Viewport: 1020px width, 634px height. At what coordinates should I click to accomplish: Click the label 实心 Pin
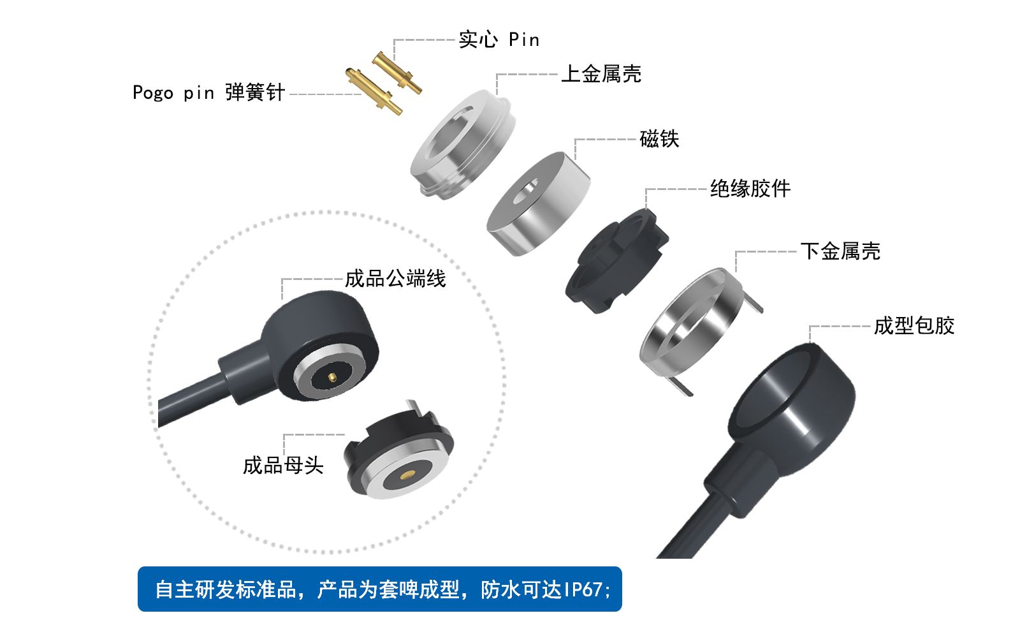coord(499,40)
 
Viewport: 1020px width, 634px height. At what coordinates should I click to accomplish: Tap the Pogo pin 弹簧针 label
coord(208,92)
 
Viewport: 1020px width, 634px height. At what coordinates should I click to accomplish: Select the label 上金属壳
coord(601,74)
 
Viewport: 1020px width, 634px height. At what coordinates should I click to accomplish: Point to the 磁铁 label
coord(659,138)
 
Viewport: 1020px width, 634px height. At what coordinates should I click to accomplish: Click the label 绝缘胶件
coord(750,188)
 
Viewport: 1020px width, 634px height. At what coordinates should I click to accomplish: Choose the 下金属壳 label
coord(840,251)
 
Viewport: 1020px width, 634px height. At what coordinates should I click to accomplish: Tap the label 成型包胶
coord(914,325)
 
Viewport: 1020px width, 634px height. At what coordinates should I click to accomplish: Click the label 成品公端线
coord(395,279)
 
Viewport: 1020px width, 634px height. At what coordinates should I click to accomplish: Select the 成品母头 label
coord(283,465)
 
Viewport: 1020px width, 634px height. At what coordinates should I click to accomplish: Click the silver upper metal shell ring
coord(463,144)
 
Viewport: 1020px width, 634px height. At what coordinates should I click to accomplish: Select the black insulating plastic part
coord(616,262)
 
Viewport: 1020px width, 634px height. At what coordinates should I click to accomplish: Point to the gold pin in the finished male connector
coord(331,378)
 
